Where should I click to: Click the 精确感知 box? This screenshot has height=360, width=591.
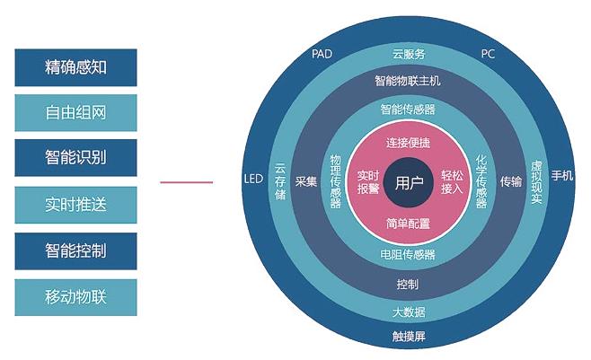pyautogui.click(x=76, y=66)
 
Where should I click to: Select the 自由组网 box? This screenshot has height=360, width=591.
pyautogui.click(x=76, y=113)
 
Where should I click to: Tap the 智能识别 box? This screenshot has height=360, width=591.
pyautogui.click(x=76, y=158)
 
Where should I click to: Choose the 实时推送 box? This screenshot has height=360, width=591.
pyautogui.click(x=76, y=205)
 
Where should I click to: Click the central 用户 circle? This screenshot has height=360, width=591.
pyautogui.click(x=409, y=183)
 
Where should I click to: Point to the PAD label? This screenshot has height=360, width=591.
pyautogui.click(x=322, y=54)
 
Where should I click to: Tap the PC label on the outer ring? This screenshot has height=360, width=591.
pyautogui.click(x=488, y=54)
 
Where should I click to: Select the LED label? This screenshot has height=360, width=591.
pyautogui.click(x=253, y=179)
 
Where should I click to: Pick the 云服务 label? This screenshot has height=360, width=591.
pyautogui.click(x=409, y=54)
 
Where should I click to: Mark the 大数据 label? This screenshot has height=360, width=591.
pyautogui.click(x=409, y=312)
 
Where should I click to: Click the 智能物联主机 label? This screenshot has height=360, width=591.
pyautogui.click(x=409, y=81)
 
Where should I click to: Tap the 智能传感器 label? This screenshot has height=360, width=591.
pyautogui.click(x=409, y=110)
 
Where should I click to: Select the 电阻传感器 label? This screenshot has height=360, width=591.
pyautogui.click(x=409, y=255)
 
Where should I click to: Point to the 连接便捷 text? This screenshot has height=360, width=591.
pyautogui.click(x=409, y=143)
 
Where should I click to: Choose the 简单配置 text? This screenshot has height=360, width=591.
pyautogui.click(x=409, y=223)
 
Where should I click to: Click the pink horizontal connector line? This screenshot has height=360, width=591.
pyautogui.click(x=187, y=182)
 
